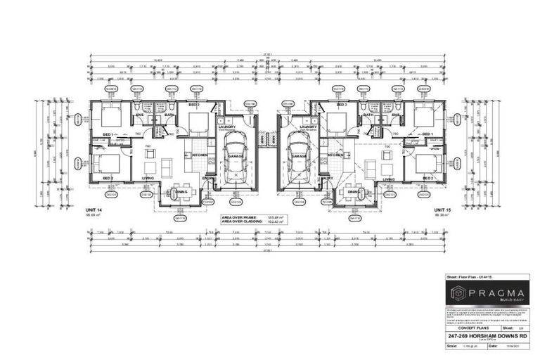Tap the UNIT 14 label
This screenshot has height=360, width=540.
coord(94,210)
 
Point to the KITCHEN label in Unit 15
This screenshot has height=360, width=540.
coord(335,154)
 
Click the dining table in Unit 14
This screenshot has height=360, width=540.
coord(181,194)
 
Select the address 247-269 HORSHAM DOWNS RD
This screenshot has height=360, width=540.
coord(487,337)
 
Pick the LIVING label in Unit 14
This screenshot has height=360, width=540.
coord(148,179)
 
